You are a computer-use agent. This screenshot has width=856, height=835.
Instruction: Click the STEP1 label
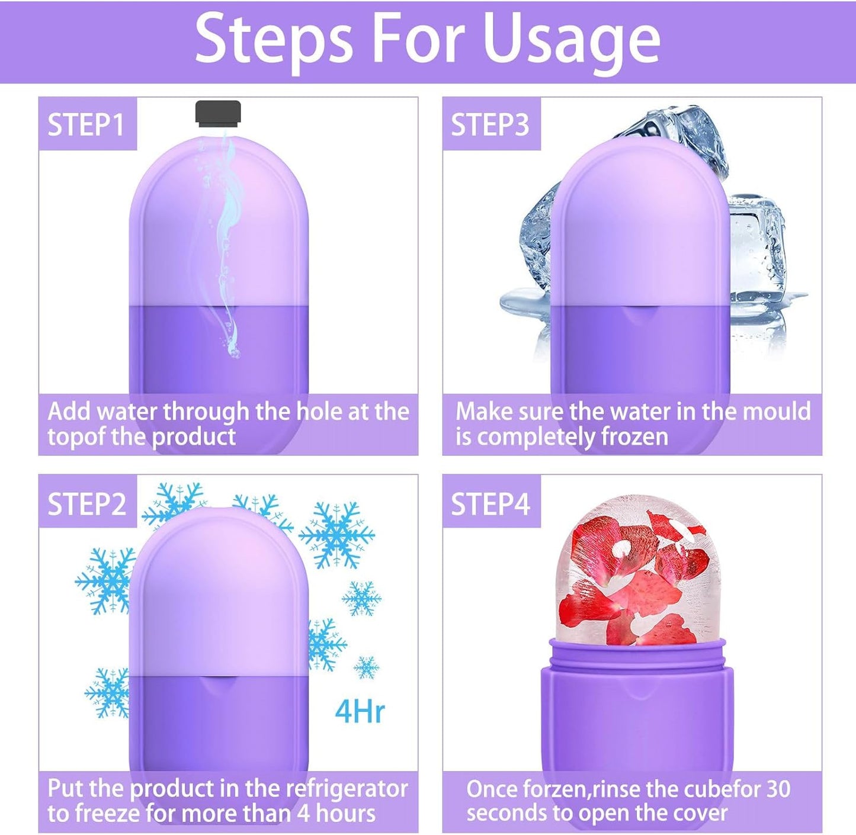[86, 125]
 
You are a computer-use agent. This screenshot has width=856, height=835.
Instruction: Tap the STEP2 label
[86, 504]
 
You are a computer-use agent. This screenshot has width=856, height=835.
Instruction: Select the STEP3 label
[490, 125]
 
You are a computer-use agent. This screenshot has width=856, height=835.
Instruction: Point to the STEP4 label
[490, 504]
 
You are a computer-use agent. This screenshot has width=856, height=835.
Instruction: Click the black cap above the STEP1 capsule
[218, 113]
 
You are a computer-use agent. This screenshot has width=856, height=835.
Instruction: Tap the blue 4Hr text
[360, 711]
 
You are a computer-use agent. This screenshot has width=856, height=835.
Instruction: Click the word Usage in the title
[571, 40]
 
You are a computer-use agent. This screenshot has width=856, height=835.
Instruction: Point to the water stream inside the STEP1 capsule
[225, 237]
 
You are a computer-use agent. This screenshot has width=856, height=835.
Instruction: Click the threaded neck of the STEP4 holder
[637, 654]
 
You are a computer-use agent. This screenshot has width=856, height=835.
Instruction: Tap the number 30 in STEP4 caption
[778, 789]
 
